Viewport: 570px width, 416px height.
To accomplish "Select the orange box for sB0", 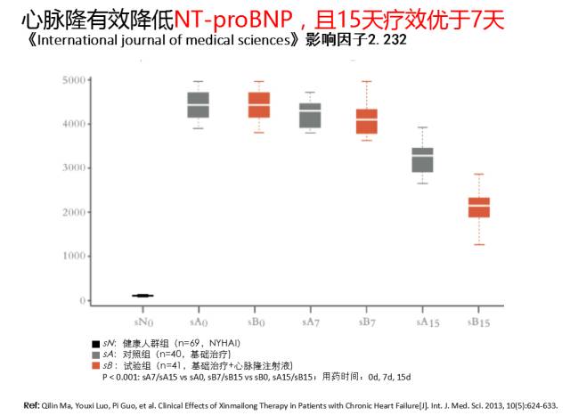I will [x=258, y=105].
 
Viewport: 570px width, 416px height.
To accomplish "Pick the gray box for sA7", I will [x=310, y=116].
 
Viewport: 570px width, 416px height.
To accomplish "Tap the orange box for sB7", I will [x=367, y=121].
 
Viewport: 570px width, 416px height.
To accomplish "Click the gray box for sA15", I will [x=422, y=160].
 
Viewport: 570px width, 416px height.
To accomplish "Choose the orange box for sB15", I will [x=479, y=207].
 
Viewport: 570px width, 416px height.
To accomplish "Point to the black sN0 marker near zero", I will [x=142, y=296].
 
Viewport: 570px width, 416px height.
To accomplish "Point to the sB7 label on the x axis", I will [x=367, y=319].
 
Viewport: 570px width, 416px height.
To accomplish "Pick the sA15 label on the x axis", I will [x=422, y=319].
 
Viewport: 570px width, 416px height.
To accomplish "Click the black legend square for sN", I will [x=95, y=343].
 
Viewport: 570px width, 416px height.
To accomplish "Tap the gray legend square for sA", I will [x=95, y=355].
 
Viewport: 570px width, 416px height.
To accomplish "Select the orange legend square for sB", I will [x=95, y=366].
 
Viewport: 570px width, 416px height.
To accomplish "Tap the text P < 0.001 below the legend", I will [x=129, y=378].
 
